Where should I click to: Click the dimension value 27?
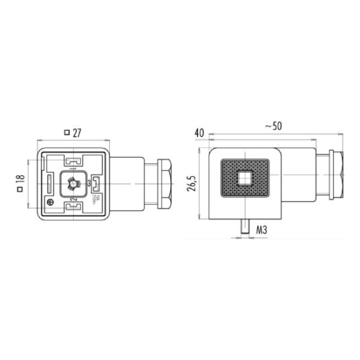pyautogui.click(x=77, y=133)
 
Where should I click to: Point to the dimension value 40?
pyautogui.click(x=200, y=132)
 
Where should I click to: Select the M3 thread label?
pyautogui.click(x=261, y=229)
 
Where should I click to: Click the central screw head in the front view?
pyautogui.click(x=73, y=183)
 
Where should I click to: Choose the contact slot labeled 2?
pyautogui.click(x=73, y=206)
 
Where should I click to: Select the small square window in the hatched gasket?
pyautogui.click(x=244, y=178)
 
